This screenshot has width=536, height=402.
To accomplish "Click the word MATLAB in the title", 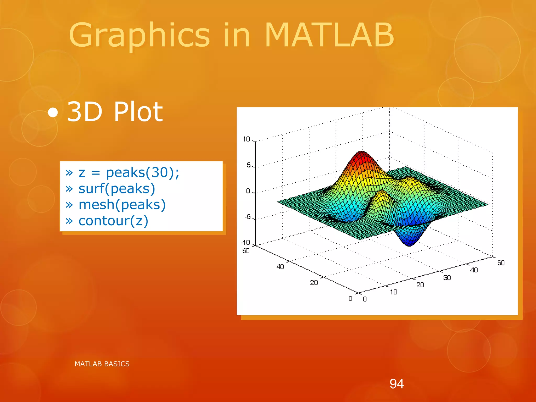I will coord(329,35).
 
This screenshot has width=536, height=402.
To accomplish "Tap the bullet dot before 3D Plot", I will coord(53,113).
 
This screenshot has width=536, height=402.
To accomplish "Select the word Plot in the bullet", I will coord(138,112).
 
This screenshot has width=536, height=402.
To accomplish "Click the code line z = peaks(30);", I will coord(129,173).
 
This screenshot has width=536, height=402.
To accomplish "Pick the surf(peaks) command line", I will coord(117,189).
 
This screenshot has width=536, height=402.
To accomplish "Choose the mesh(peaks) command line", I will coord(122,205).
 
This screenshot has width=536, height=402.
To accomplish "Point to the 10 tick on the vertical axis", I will coord(246,139).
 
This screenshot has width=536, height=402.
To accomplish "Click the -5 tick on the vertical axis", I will coord(247,217).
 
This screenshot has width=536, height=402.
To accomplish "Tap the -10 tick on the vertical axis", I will coord(245,242).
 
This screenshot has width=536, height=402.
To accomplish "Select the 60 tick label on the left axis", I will coord(246,251).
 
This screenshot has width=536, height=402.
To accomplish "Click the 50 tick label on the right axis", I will coord(501,263).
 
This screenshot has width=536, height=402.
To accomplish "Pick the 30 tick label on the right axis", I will coord(447,277).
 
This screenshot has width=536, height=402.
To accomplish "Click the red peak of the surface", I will coord(362,154).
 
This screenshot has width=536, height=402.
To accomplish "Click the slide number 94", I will coord(397,384).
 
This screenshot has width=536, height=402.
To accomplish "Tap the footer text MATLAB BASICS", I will coord(102,364).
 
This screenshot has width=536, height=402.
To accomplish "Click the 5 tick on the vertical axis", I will coord(248,165).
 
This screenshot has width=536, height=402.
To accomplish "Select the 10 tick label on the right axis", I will coord(393,292).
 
